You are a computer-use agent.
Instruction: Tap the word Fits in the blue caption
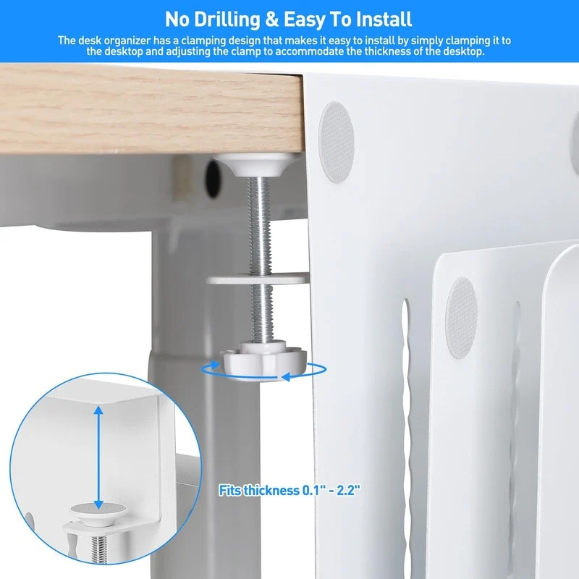coord(232,490)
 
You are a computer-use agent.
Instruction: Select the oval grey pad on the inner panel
coord(462,316)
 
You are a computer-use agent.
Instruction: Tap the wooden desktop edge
coord(145,109)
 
